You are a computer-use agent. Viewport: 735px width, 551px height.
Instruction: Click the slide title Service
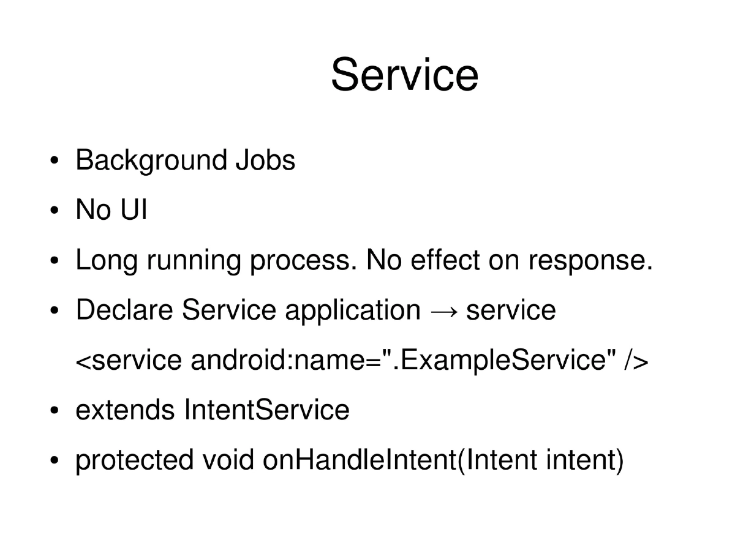(404, 74)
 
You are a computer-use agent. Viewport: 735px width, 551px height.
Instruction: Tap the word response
(590, 262)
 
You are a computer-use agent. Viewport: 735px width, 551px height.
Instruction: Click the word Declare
(124, 311)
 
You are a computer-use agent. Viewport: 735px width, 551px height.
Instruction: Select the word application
(352, 311)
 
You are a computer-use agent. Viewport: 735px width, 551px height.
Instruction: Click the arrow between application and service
(443, 312)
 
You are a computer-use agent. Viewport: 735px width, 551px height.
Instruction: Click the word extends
(125, 410)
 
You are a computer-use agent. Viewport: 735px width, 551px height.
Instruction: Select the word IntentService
(266, 410)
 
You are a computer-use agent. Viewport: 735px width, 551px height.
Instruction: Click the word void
(228, 460)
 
